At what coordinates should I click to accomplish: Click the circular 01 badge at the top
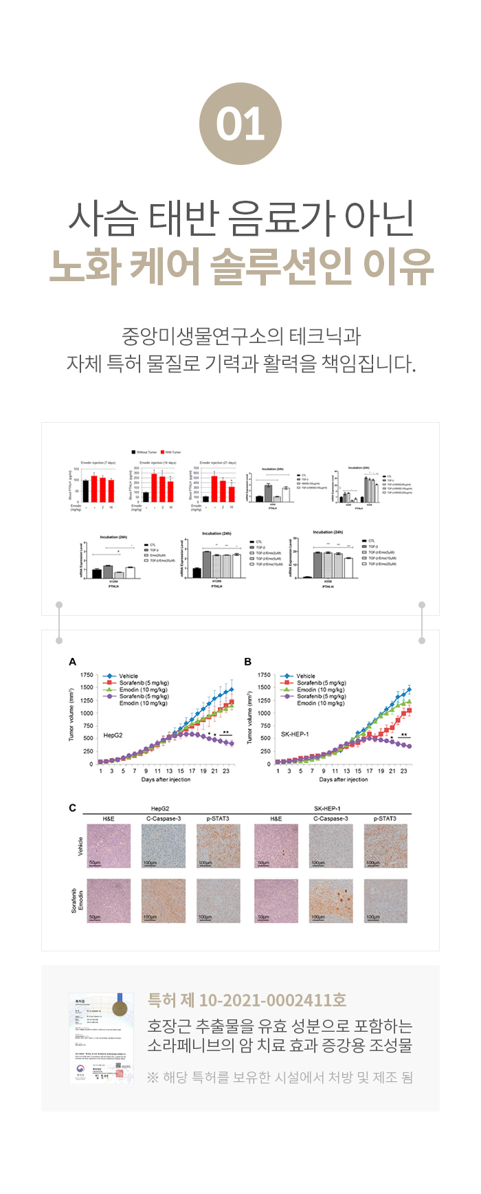click(240, 124)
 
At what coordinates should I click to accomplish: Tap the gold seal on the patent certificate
click(120, 1008)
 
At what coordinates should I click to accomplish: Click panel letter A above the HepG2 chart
click(73, 661)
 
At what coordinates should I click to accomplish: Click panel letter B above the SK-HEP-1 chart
click(248, 661)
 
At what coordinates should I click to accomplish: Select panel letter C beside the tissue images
click(73, 808)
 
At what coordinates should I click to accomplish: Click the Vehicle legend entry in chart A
click(128, 676)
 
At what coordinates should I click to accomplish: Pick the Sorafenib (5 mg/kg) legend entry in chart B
click(321, 683)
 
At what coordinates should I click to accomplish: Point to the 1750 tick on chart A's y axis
click(87, 675)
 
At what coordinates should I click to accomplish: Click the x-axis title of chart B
click(344, 780)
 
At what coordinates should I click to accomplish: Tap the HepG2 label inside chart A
click(113, 735)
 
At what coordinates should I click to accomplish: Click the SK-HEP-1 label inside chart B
click(295, 734)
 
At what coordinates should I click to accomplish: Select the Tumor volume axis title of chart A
click(71, 715)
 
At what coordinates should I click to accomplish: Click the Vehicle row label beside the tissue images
click(80, 846)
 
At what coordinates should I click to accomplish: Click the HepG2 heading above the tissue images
click(160, 808)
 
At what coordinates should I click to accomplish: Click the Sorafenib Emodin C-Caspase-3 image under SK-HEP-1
click(331, 900)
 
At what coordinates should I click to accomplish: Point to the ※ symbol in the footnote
click(153, 1077)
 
